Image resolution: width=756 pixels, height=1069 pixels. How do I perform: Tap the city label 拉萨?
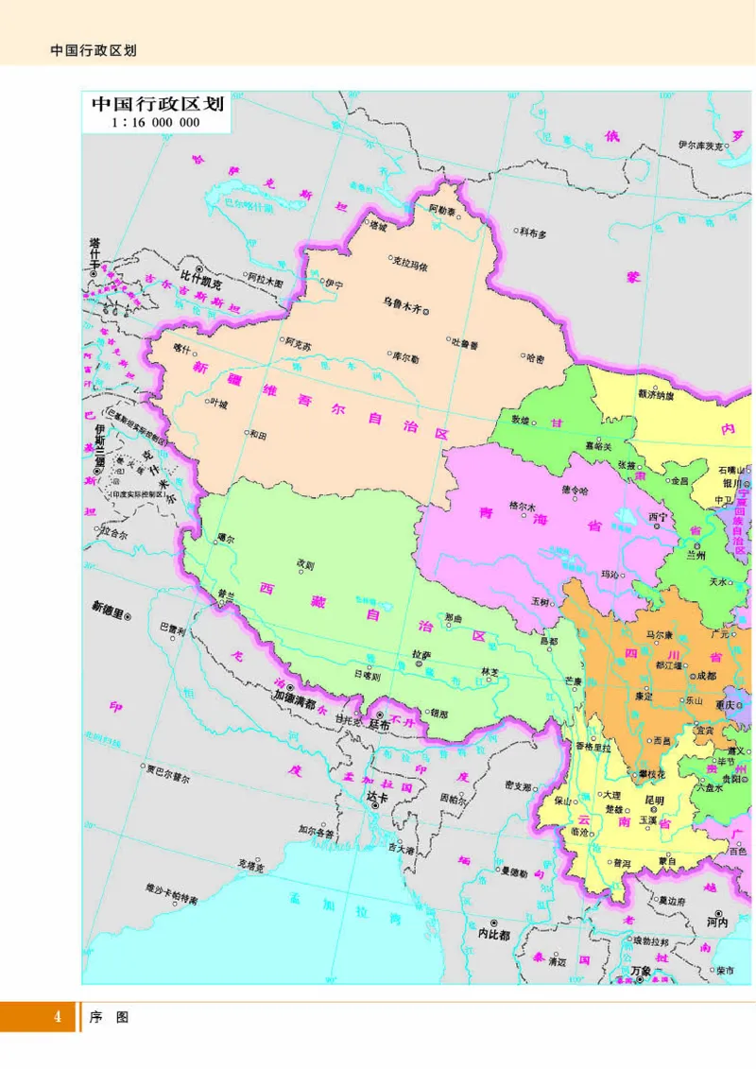pyautogui.click(x=421, y=653)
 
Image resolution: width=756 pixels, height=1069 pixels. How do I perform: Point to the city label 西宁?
pyautogui.click(x=658, y=518)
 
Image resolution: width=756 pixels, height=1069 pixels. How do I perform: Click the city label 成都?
pyautogui.click(x=705, y=676)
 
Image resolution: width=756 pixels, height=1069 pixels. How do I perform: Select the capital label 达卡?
pyautogui.click(x=377, y=797)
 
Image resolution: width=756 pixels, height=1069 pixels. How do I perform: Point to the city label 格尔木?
pyautogui.click(x=522, y=505)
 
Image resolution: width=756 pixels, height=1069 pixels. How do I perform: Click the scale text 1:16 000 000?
pyautogui.click(x=155, y=123)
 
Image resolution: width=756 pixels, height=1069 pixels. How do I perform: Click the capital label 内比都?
pyautogui.click(x=493, y=934)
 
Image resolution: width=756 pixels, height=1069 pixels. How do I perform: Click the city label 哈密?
pyautogui.click(x=535, y=357)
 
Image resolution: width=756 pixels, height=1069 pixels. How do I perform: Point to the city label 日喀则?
pyautogui.click(x=366, y=676)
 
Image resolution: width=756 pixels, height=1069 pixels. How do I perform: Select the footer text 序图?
pyautogui.click(x=109, y=1017)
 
